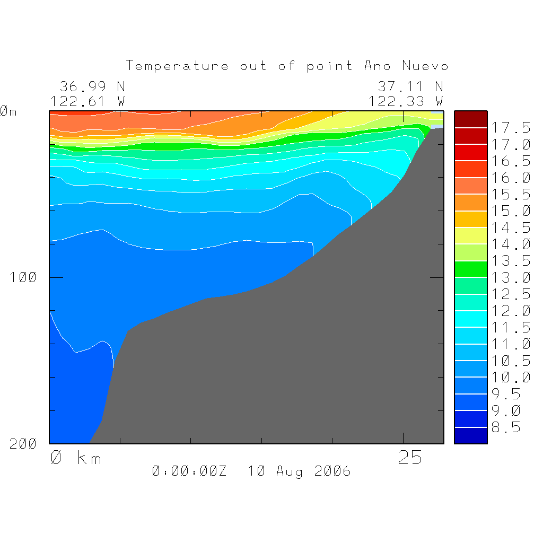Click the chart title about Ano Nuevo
tap(287, 66)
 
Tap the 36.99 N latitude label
tap(92, 86)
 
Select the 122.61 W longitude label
tap(87, 101)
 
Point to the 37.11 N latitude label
tap(410, 86)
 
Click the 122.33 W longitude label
tap(406, 101)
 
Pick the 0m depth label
tap(8, 111)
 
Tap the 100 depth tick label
tap(24, 277)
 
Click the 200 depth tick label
tap(24, 444)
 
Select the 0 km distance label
tap(75, 458)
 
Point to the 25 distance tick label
tap(410, 458)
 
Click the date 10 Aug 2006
tap(299, 471)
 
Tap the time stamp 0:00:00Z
tap(189, 471)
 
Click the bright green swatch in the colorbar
tap(470, 269)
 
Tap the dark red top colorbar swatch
tap(470, 119)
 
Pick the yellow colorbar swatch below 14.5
tap(470, 236)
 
